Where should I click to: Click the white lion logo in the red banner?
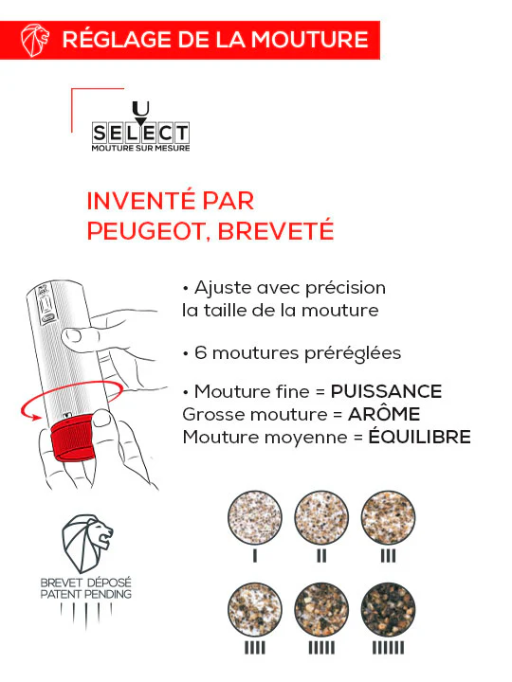click(35, 40)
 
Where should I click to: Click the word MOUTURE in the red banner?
click(309, 40)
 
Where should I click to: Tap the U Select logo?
click(140, 126)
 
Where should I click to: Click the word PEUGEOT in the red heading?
click(144, 230)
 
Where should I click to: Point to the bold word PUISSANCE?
click(386, 391)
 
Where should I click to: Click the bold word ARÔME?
click(384, 414)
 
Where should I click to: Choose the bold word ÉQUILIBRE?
click(420, 437)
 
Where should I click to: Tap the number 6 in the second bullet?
click(200, 352)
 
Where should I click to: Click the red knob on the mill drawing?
click(72, 439)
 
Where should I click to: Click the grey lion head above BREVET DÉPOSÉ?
click(86, 544)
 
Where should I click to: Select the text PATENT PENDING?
click(85, 594)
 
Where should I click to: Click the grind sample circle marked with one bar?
click(255, 517)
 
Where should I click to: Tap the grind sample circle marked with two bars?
click(321, 517)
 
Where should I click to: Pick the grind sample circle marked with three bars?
click(388, 517)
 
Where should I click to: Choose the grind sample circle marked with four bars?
click(255, 610)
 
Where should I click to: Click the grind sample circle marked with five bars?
click(321, 610)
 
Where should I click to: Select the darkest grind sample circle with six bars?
click(388, 610)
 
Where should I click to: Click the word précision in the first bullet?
click(345, 288)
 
